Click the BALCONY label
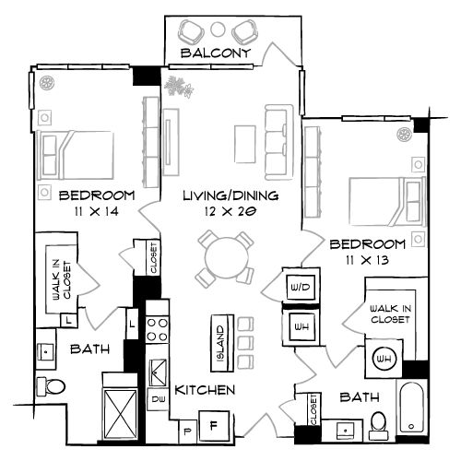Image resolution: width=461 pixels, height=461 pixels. click(217, 54)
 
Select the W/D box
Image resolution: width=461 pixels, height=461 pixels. click(300, 288)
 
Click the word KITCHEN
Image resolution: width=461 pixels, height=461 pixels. click(204, 390)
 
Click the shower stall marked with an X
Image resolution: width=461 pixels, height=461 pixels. click(120, 407)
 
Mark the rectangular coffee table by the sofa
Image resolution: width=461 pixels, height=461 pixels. click(244, 142)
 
